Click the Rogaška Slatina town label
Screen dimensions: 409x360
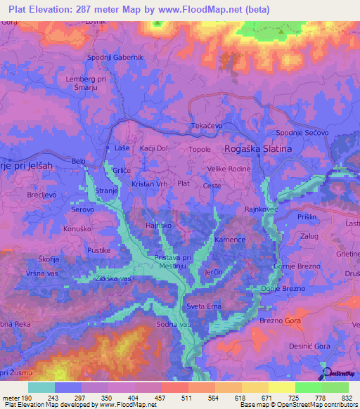pyautogui.click(x=257, y=150)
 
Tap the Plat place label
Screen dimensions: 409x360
pyautogui.click(x=184, y=183)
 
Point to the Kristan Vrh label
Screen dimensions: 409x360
pyautogui.click(x=148, y=183)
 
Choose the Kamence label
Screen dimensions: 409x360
pyautogui.click(x=231, y=240)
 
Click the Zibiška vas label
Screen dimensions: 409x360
pyautogui.click(x=113, y=279)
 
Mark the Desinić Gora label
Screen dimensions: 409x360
pyautogui.click(x=309, y=347)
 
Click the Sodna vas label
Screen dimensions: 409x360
pyautogui.click(x=175, y=325)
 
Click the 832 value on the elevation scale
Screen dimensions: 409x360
pyautogui.click(x=345, y=398)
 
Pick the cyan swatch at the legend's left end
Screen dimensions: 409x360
pyautogui.click(x=41, y=387)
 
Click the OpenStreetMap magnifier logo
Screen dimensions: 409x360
pyautogui.click(x=325, y=372)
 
